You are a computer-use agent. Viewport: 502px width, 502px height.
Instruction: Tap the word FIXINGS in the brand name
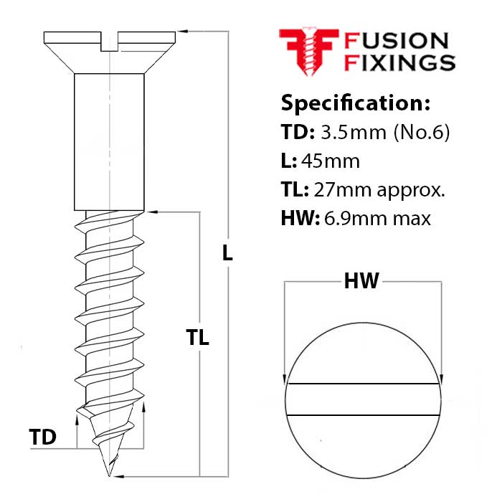[400, 62]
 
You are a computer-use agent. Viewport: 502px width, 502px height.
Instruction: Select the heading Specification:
[355, 103]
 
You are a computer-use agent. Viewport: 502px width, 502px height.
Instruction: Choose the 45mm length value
[331, 161]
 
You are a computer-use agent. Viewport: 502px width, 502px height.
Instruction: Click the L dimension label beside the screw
[227, 252]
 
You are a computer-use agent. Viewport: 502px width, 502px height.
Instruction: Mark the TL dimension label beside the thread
[197, 338]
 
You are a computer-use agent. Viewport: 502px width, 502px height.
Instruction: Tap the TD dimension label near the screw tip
[43, 437]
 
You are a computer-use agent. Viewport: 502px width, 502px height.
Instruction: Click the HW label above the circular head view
[361, 282]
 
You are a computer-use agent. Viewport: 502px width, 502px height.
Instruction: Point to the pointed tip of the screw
[110, 473]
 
